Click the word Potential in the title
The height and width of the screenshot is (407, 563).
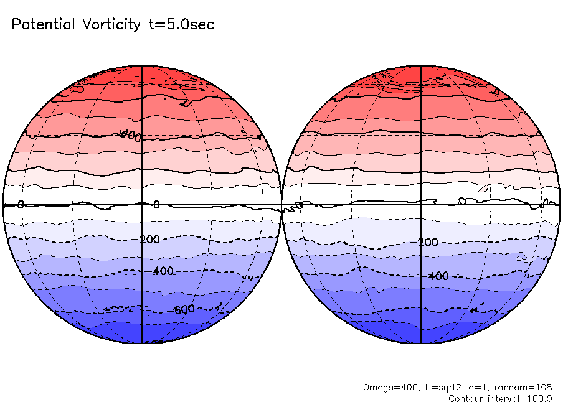point(42,25)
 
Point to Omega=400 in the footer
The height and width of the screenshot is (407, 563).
point(385,387)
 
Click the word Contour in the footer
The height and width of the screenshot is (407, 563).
point(466,398)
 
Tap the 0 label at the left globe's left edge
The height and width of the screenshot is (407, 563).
point(21,204)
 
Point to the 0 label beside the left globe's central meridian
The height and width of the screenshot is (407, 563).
point(156,204)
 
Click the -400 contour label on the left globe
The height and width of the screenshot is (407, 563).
point(163,271)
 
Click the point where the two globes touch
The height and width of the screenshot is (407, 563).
point(281,205)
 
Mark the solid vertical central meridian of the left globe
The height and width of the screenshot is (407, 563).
point(142,156)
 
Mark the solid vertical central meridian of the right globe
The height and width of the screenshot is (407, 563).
point(422,156)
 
